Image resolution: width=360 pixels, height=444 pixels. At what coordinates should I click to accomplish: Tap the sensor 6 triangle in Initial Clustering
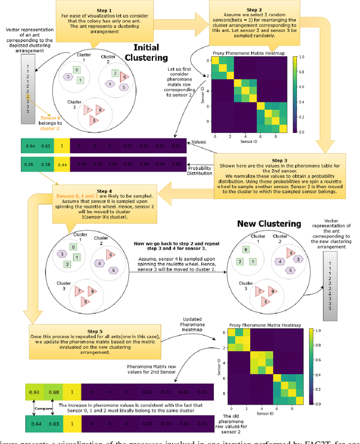click(125, 77)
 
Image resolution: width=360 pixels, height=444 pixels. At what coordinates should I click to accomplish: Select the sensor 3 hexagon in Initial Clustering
click(68, 77)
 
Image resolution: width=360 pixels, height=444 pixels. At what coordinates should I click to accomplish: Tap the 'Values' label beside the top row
click(200, 143)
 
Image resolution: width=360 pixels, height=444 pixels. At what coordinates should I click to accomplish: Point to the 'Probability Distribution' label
click(200, 170)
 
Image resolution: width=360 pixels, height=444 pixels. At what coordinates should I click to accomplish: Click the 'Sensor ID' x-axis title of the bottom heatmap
click(266, 412)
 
